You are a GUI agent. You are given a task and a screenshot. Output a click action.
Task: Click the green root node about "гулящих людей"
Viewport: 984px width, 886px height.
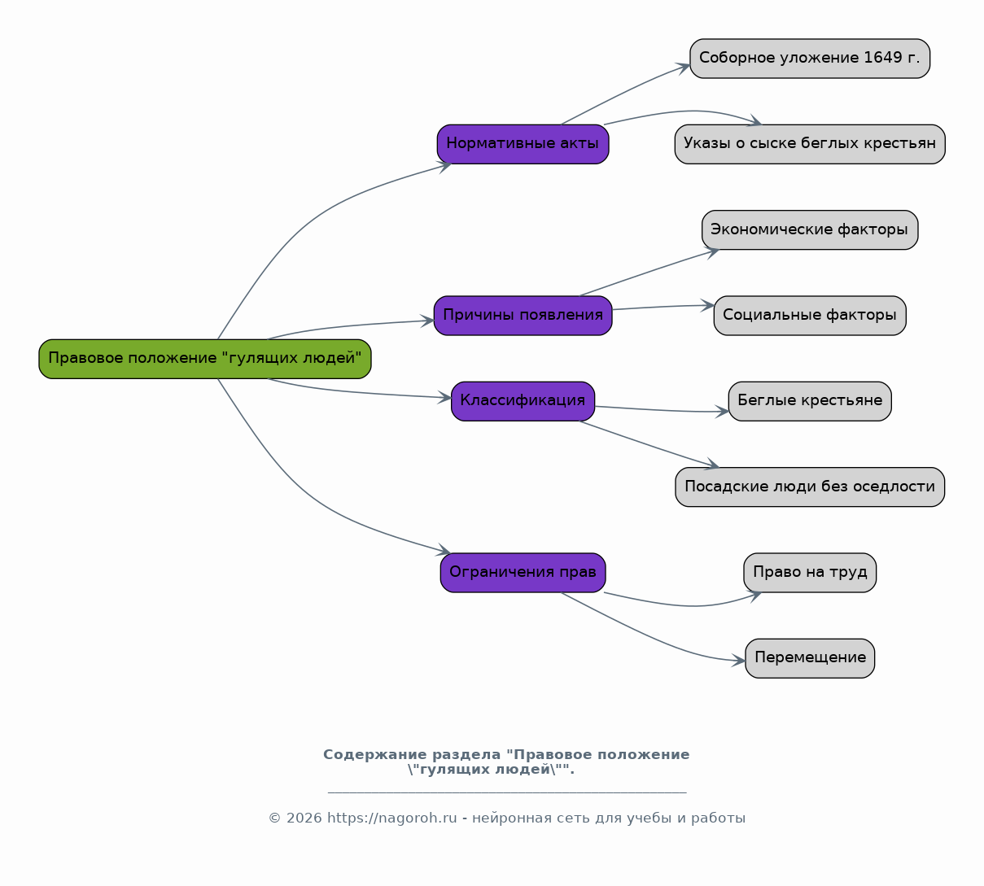[x=205, y=359]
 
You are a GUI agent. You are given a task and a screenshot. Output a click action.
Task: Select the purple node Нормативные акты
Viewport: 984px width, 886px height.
[x=523, y=144]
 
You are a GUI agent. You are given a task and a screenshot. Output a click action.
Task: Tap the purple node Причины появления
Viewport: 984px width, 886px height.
[x=523, y=316]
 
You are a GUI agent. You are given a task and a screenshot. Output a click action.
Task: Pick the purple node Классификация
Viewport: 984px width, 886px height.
[x=523, y=401]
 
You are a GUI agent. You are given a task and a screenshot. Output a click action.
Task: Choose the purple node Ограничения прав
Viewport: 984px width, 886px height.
[x=523, y=573]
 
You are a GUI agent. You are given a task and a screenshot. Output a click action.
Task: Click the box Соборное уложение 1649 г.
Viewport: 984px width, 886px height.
[x=810, y=59]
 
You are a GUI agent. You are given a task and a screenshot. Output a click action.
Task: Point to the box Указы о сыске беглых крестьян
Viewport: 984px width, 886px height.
[x=810, y=144]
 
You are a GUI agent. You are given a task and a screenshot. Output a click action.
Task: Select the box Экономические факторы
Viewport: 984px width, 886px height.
[x=810, y=230]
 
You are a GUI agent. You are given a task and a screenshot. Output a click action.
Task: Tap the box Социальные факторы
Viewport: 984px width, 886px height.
[x=810, y=316]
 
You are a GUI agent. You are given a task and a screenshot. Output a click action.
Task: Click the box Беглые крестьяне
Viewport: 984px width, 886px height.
[x=810, y=401]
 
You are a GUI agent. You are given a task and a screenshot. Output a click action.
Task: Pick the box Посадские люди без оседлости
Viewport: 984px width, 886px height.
[x=810, y=487]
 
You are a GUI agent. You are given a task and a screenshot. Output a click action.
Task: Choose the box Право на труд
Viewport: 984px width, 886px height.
[x=810, y=573]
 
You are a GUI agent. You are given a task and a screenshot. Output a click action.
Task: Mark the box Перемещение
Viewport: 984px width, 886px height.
[x=810, y=658]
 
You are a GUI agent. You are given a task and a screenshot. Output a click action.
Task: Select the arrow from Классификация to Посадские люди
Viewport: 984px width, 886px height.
[x=649, y=443]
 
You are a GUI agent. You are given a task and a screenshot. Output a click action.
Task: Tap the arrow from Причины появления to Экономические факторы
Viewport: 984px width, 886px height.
[x=649, y=273]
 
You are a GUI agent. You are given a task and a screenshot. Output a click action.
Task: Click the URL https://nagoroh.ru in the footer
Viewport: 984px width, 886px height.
[x=392, y=818]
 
